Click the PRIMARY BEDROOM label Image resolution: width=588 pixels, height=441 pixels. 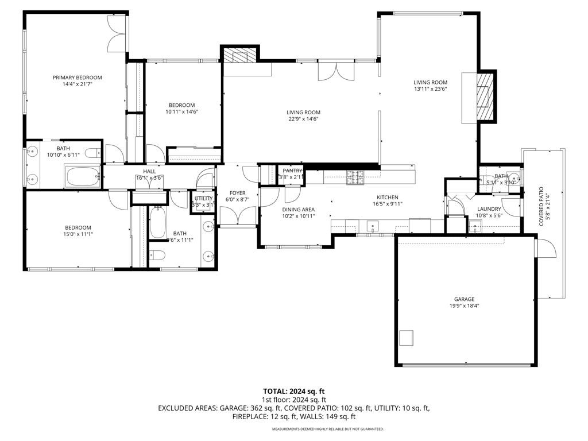tap(77, 78)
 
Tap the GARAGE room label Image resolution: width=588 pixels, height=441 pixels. tap(465, 299)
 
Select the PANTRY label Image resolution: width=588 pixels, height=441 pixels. tap(292, 171)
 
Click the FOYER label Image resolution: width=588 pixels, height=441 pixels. tap(237, 193)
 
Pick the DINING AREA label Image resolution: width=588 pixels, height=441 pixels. tap(298, 209)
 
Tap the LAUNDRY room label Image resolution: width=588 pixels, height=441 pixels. tap(489, 209)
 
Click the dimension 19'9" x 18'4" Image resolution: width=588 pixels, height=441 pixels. tap(465, 306)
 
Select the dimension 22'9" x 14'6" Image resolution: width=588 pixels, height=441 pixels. tap(304, 119)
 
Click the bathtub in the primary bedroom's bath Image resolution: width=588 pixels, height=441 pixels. tap(83, 176)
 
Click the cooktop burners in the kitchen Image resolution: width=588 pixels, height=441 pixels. tap(355, 177)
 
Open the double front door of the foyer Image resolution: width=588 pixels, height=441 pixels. tap(237, 216)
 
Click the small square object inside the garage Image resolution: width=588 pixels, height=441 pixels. tap(407, 337)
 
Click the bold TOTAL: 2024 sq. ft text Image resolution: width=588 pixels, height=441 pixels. tap(294, 391)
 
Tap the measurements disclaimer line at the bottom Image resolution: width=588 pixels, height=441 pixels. tap(328, 429)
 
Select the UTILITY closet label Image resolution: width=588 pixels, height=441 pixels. tap(203, 198)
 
